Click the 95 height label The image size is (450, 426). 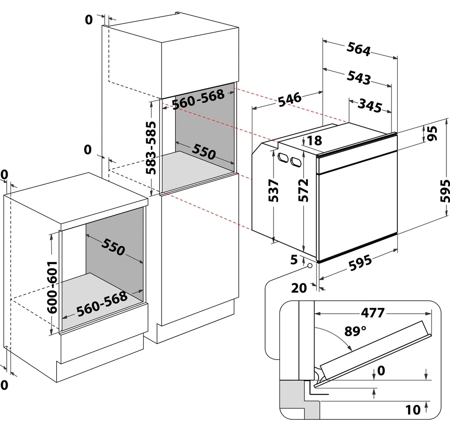432,133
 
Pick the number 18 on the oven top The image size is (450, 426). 315,141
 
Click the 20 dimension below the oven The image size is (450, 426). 299,288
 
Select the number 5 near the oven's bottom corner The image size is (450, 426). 294,259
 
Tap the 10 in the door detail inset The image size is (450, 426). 413,409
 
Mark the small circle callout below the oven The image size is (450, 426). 310,266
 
